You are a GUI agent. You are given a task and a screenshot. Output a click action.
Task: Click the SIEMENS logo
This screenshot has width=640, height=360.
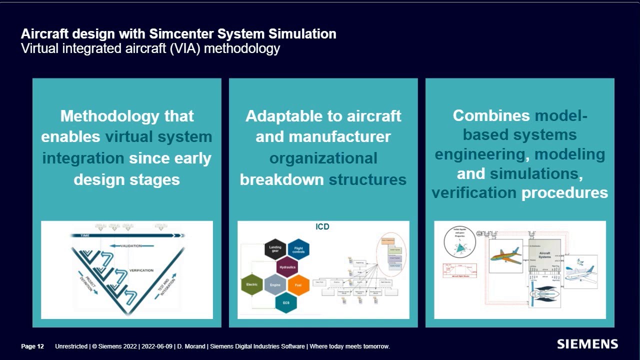[x=587, y=344]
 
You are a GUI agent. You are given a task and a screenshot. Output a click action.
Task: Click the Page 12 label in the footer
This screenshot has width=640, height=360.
[x=32, y=346]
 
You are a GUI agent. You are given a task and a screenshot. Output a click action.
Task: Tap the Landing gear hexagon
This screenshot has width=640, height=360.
[x=275, y=249]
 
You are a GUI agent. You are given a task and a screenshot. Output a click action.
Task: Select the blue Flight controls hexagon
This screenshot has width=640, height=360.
[x=298, y=249]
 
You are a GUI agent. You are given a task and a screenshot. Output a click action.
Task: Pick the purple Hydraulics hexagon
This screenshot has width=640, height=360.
[x=287, y=267]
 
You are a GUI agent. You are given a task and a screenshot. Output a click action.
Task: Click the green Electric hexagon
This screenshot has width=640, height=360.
[x=251, y=284]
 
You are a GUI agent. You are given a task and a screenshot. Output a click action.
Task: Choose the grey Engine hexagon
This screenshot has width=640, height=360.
[x=275, y=284]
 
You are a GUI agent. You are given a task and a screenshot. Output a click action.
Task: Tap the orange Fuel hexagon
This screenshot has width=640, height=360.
[x=298, y=284]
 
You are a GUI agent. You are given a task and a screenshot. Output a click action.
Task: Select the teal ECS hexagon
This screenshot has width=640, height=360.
[x=286, y=302]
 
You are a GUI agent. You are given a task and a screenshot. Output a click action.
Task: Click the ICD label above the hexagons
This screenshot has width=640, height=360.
[x=322, y=226]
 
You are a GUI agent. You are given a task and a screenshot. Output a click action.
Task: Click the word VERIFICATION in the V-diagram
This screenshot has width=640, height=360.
[x=141, y=270]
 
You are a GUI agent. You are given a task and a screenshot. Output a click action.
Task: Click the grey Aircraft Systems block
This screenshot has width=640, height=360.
[x=544, y=255]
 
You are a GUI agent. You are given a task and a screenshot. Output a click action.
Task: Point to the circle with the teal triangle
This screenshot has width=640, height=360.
[x=459, y=242]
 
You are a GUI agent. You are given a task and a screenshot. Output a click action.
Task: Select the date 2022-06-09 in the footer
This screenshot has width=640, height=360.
[x=157, y=346]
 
